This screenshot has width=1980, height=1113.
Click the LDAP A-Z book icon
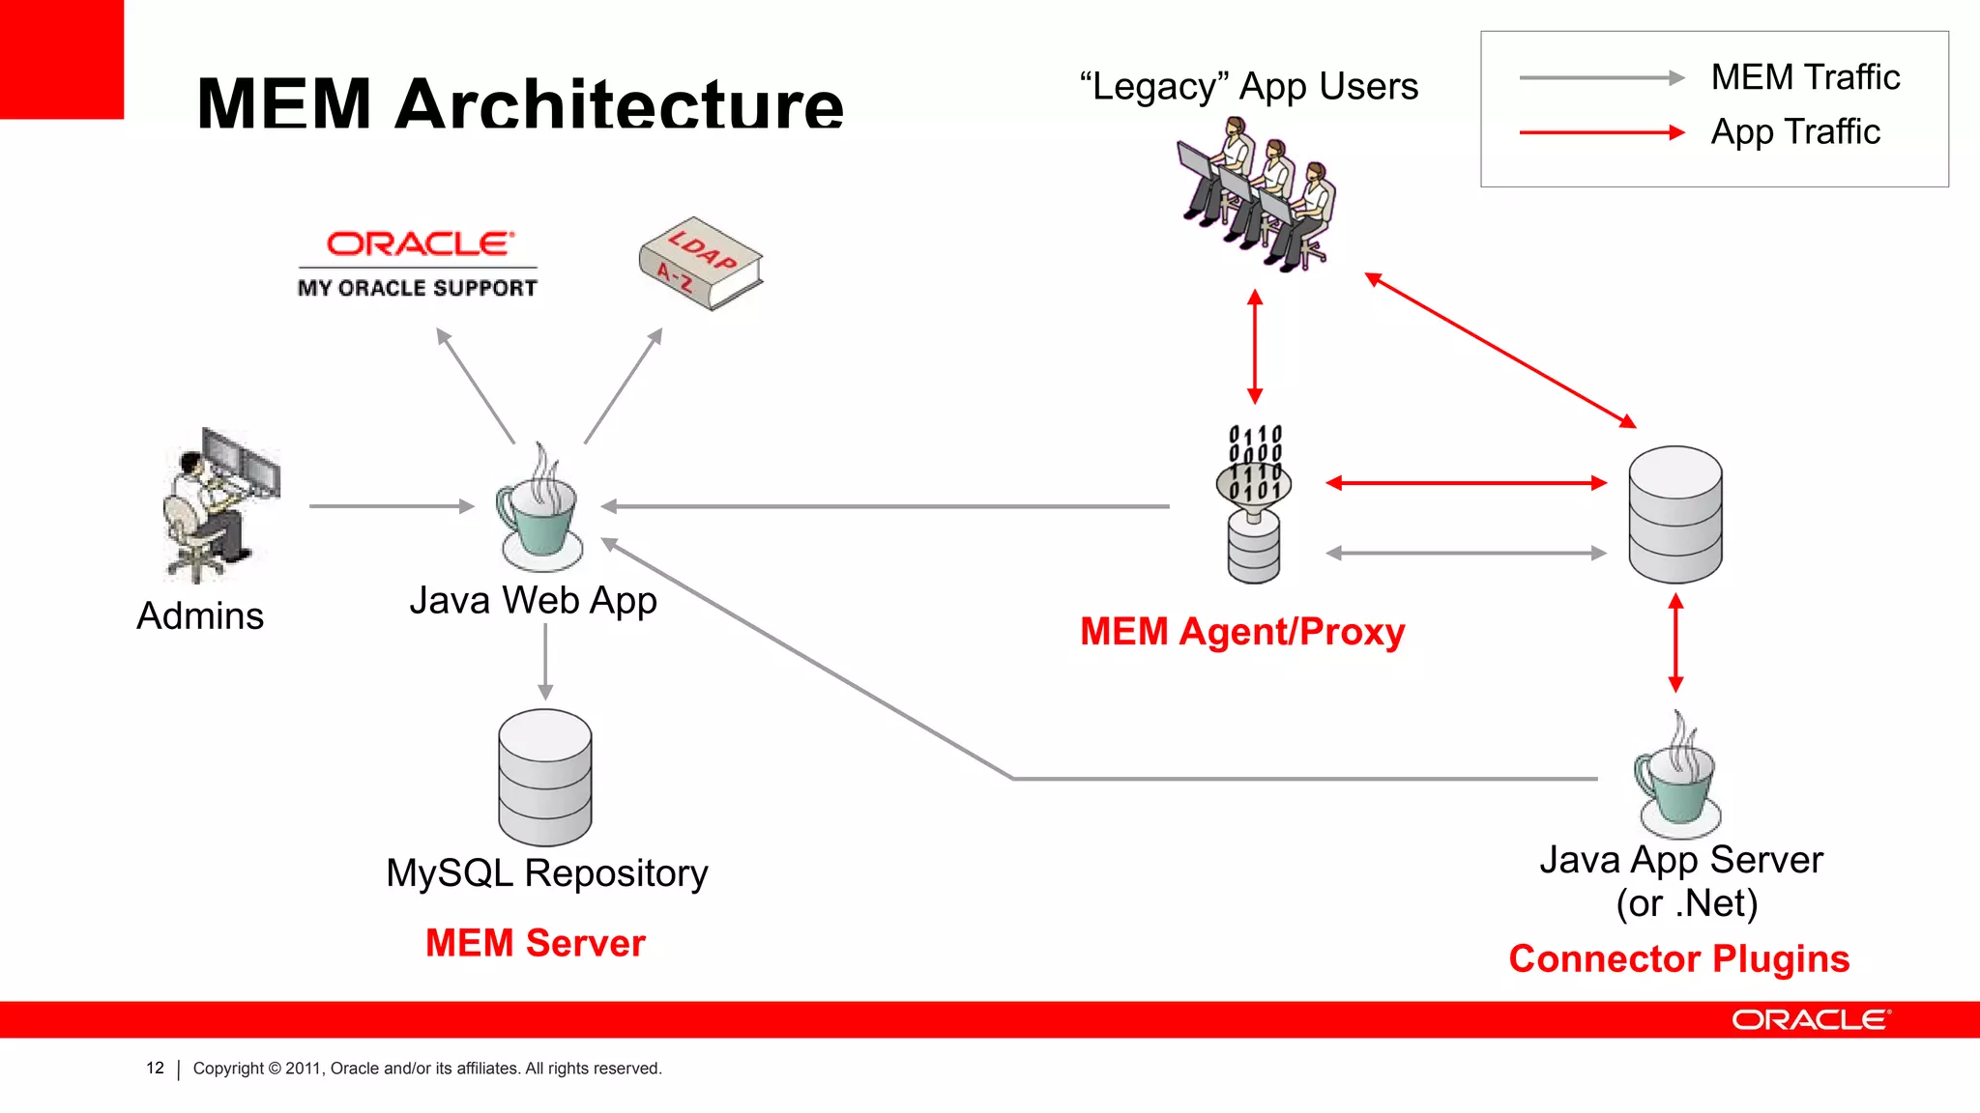[x=700, y=263]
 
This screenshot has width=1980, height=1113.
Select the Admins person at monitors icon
[x=220, y=505]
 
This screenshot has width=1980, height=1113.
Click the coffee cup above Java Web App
[x=539, y=512]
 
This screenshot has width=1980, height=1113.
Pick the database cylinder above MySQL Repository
[x=545, y=778]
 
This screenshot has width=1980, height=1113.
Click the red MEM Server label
[x=536, y=943]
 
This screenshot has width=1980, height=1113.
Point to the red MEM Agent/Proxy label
[x=1242, y=632]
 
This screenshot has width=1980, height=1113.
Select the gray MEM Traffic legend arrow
[x=1601, y=78]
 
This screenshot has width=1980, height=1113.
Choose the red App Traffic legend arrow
[x=1601, y=132]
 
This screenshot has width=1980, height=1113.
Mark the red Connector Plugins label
[x=1679, y=958]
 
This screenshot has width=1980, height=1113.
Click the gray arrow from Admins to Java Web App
[x=391, y=505]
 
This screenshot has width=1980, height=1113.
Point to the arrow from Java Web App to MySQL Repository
[x=545, y=662]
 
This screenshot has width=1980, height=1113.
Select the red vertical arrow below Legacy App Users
[x=1255, y=346]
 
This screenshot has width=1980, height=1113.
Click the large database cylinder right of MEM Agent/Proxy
[x=1675, y=514]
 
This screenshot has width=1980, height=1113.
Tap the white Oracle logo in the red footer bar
[x=1810, y=1020]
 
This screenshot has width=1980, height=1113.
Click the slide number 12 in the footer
[x=155, y=1068]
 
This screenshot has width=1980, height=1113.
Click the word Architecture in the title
[x=619, y=103]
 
